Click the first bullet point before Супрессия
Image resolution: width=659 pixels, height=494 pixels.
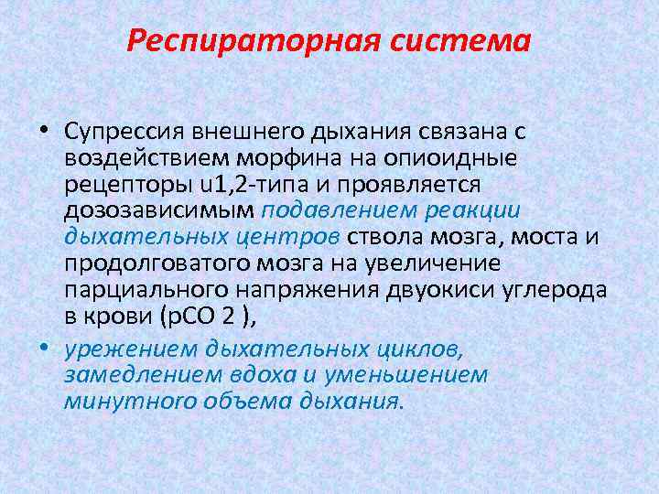tap(45, 133)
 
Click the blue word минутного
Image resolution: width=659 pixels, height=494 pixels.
tap(113, 400)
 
